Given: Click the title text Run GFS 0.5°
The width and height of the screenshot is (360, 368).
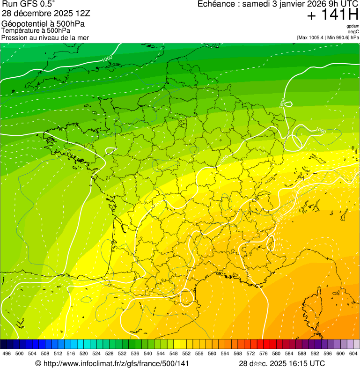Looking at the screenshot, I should click(29, 5).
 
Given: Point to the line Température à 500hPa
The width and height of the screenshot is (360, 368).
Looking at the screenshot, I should click(36, 30).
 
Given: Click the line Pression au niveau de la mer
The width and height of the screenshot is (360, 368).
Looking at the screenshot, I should click(45, 37).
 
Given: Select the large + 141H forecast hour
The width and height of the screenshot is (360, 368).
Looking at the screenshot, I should click(332, 15).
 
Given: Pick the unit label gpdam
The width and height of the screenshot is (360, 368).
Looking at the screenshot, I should click(353, 26).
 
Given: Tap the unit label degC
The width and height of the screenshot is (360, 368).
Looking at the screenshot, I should click(353, 31).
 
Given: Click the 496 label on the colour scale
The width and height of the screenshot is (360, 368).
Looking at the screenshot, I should click(7, 354).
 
